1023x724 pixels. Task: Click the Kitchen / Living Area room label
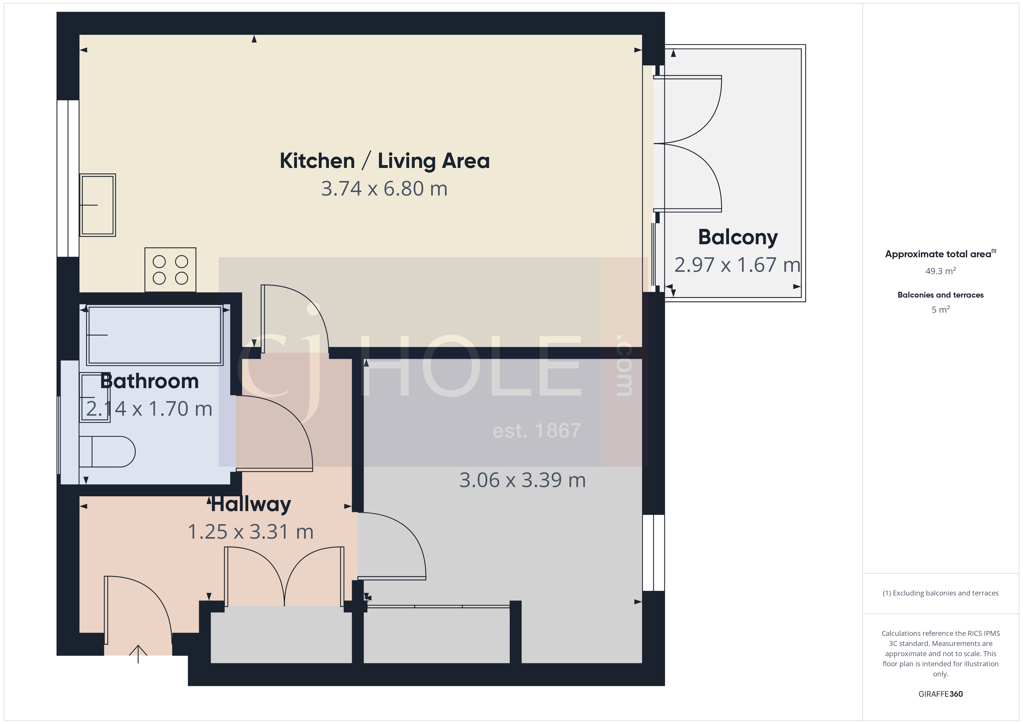(x=384, y=161)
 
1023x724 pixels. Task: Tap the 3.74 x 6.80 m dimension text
(x=384, y=189)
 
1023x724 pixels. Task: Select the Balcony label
(x=738, y=237)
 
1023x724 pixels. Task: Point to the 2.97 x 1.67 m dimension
(x=737, y=265)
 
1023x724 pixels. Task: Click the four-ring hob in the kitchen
(x=170, y=270)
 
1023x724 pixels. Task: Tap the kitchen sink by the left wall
(x=98, y=205)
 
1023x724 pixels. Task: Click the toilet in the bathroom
(x=107, y=452)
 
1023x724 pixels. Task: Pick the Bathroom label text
(x=149, y=381)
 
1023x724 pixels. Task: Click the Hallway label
(x=251, y=504)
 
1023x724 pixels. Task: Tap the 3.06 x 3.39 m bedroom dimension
(x=522, y=480)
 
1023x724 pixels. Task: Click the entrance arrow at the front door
(x=138, y=654)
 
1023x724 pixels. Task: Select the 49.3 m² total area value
(x=941, y=271)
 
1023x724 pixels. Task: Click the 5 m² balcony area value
(x=941, y=309)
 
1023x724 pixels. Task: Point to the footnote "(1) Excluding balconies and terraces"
(x=941, y=593)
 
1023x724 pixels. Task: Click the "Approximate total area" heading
(x=939, y=254)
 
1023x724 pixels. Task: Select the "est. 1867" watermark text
(x=536, y=431)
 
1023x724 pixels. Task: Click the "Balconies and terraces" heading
(x=941, y=295)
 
